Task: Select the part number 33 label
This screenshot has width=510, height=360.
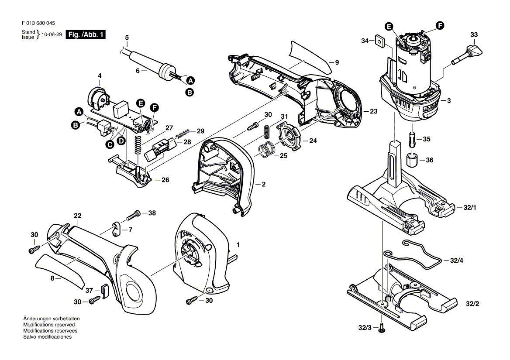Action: point(474,34)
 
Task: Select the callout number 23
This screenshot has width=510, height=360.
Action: point(373,111)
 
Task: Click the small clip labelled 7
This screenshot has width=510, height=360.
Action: point(115,229)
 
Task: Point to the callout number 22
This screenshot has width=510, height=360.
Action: point(78,216)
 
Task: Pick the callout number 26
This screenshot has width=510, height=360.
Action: point(165,179)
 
